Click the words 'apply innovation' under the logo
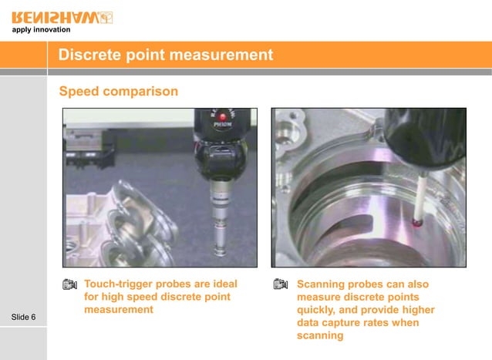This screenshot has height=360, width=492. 40,30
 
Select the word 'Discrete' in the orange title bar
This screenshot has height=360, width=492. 90,56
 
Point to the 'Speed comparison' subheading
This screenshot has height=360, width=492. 118,91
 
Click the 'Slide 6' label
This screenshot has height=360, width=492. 29,318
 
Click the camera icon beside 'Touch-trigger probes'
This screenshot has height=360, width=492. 69,284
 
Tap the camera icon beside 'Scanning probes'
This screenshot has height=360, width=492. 281,284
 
